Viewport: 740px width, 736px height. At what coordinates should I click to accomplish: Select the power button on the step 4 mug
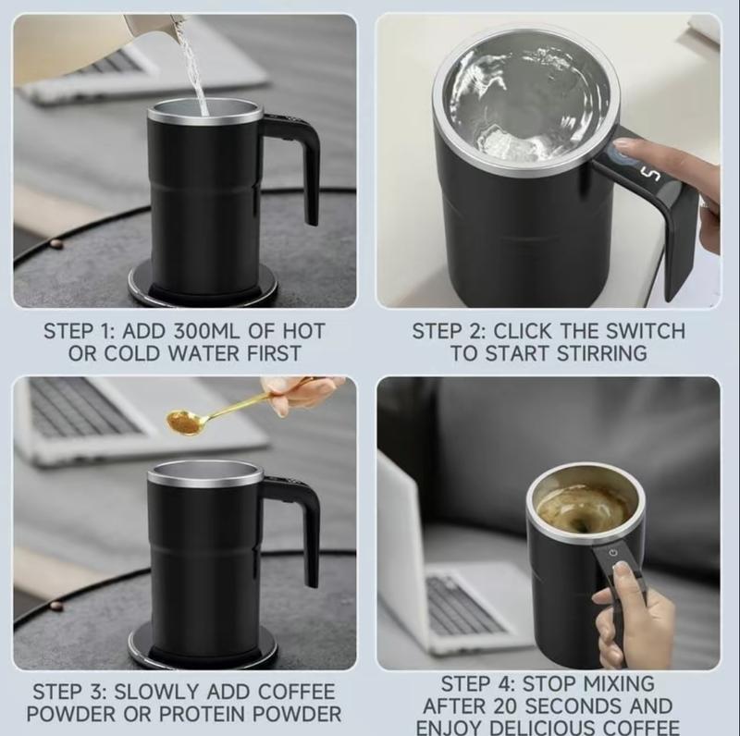click(611, 554)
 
